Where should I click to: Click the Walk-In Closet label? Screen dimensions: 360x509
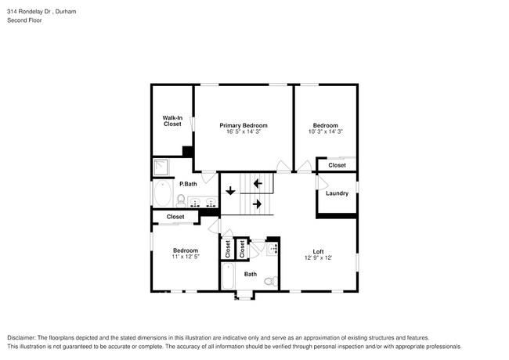coord(172,121)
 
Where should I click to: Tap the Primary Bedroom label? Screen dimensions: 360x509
coord(244,125)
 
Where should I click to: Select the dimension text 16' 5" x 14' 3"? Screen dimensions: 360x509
coord(244,131)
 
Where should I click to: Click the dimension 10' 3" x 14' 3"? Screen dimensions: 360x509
coord(325,131)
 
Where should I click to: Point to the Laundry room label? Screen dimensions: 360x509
coord(337,193)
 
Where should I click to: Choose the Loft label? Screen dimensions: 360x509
coord(319,251)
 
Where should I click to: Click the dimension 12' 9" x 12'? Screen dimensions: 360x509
coord(319,257)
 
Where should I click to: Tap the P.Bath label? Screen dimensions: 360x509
coord(187,184)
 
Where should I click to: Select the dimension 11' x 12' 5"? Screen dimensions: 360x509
coord(185,257)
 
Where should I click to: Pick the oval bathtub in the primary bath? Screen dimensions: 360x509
coord(164,196)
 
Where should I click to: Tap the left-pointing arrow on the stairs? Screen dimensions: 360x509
coord(257,184)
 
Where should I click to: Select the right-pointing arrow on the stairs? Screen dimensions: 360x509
coord(257,203)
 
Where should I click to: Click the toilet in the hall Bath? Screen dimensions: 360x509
coord(269,281)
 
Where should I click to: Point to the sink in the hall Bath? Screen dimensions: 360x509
coord(272,250)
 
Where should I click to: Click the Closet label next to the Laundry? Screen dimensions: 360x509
coord(337,165)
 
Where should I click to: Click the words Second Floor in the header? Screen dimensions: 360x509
coord(25,20)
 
